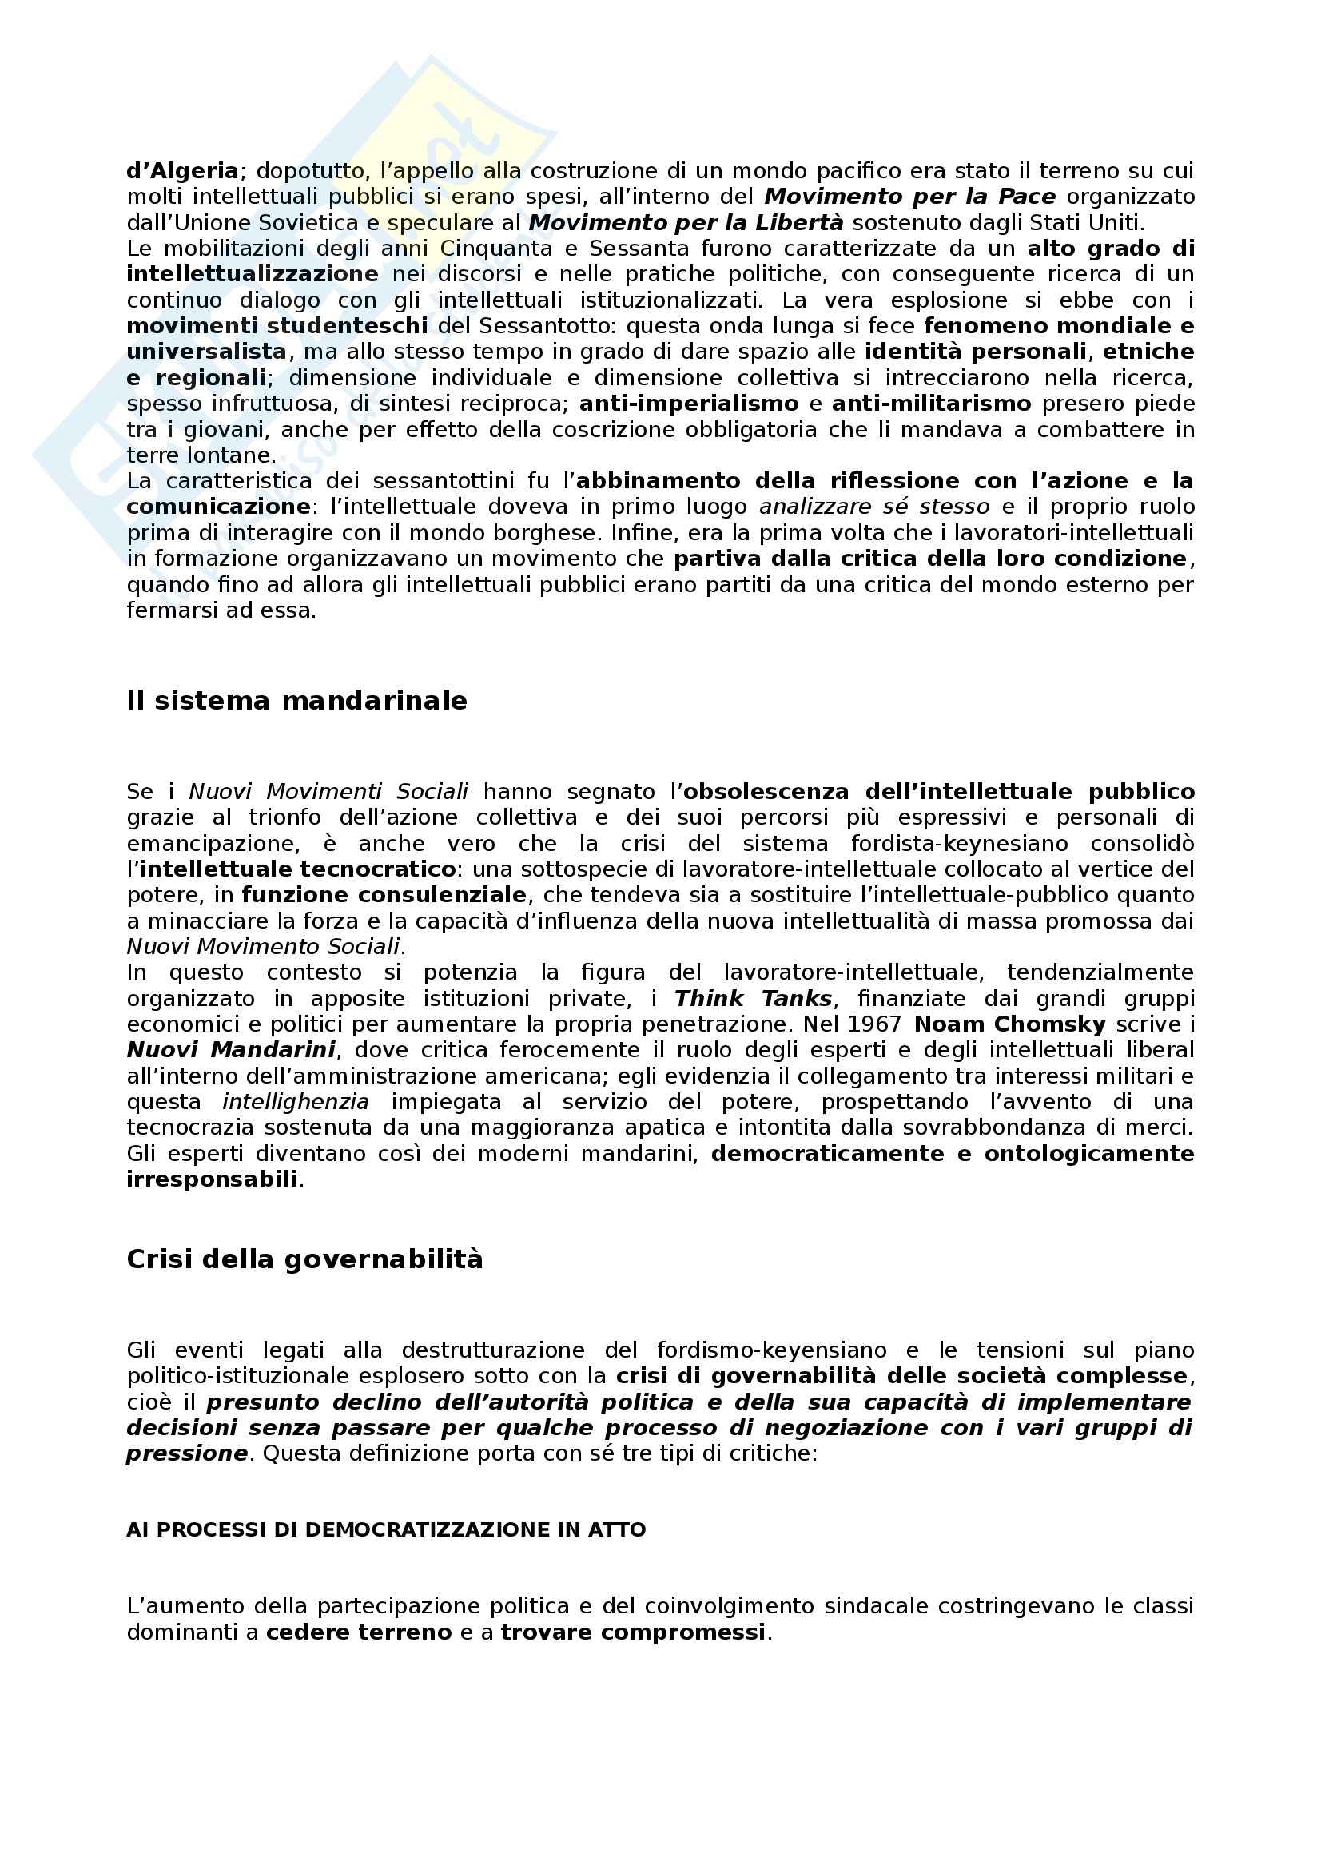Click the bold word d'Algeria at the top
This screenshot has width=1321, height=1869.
click(x=182, y=171)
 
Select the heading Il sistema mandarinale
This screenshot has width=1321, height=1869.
click(x=297, y=701)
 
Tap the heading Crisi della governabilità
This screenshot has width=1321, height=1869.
click(x=304, y=1259)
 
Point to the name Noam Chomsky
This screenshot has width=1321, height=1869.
click(x=1009, y=1024)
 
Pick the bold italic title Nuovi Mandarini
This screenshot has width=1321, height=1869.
click(x=231, y=1050)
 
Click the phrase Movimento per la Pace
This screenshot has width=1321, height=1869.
click(x=910, y=197)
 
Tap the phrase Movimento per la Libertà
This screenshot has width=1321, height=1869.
click(x=686, y=222)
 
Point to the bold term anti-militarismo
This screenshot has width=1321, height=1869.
click(x=931, y=404)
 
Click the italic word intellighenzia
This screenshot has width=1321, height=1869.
click(x=296, y=1102)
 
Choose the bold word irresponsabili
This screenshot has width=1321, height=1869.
click(x=212, y=1179)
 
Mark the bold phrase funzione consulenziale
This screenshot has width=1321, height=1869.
click(x=384, y=896)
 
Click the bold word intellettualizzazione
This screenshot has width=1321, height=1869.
click(x=253, y=274)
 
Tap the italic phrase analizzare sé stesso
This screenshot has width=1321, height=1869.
click(x=874, y=507)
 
